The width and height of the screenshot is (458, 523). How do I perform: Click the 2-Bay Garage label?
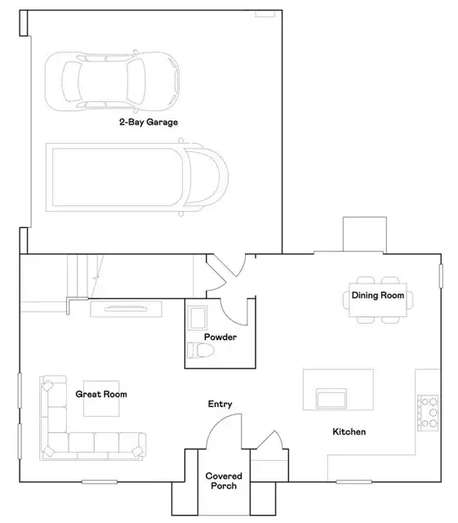149,122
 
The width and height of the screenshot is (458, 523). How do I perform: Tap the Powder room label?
220,337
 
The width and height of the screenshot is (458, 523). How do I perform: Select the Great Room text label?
101,394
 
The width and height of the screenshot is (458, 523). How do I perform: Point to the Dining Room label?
378,295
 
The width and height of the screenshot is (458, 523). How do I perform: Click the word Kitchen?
349,431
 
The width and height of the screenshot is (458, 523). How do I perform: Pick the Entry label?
220,404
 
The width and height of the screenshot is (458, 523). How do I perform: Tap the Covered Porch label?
224,481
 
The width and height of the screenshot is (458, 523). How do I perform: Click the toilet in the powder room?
200,351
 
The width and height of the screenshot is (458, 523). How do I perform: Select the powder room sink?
198,318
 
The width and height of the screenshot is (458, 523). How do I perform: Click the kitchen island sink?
331,398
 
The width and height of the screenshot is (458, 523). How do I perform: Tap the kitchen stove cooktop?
428,413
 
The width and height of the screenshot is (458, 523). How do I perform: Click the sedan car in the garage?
112,82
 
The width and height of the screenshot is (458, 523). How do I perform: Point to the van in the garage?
137,177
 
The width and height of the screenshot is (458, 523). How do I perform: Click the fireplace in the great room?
126,309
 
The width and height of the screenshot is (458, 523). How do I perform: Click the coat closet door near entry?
269,440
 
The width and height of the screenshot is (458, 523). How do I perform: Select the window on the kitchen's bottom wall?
354,481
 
